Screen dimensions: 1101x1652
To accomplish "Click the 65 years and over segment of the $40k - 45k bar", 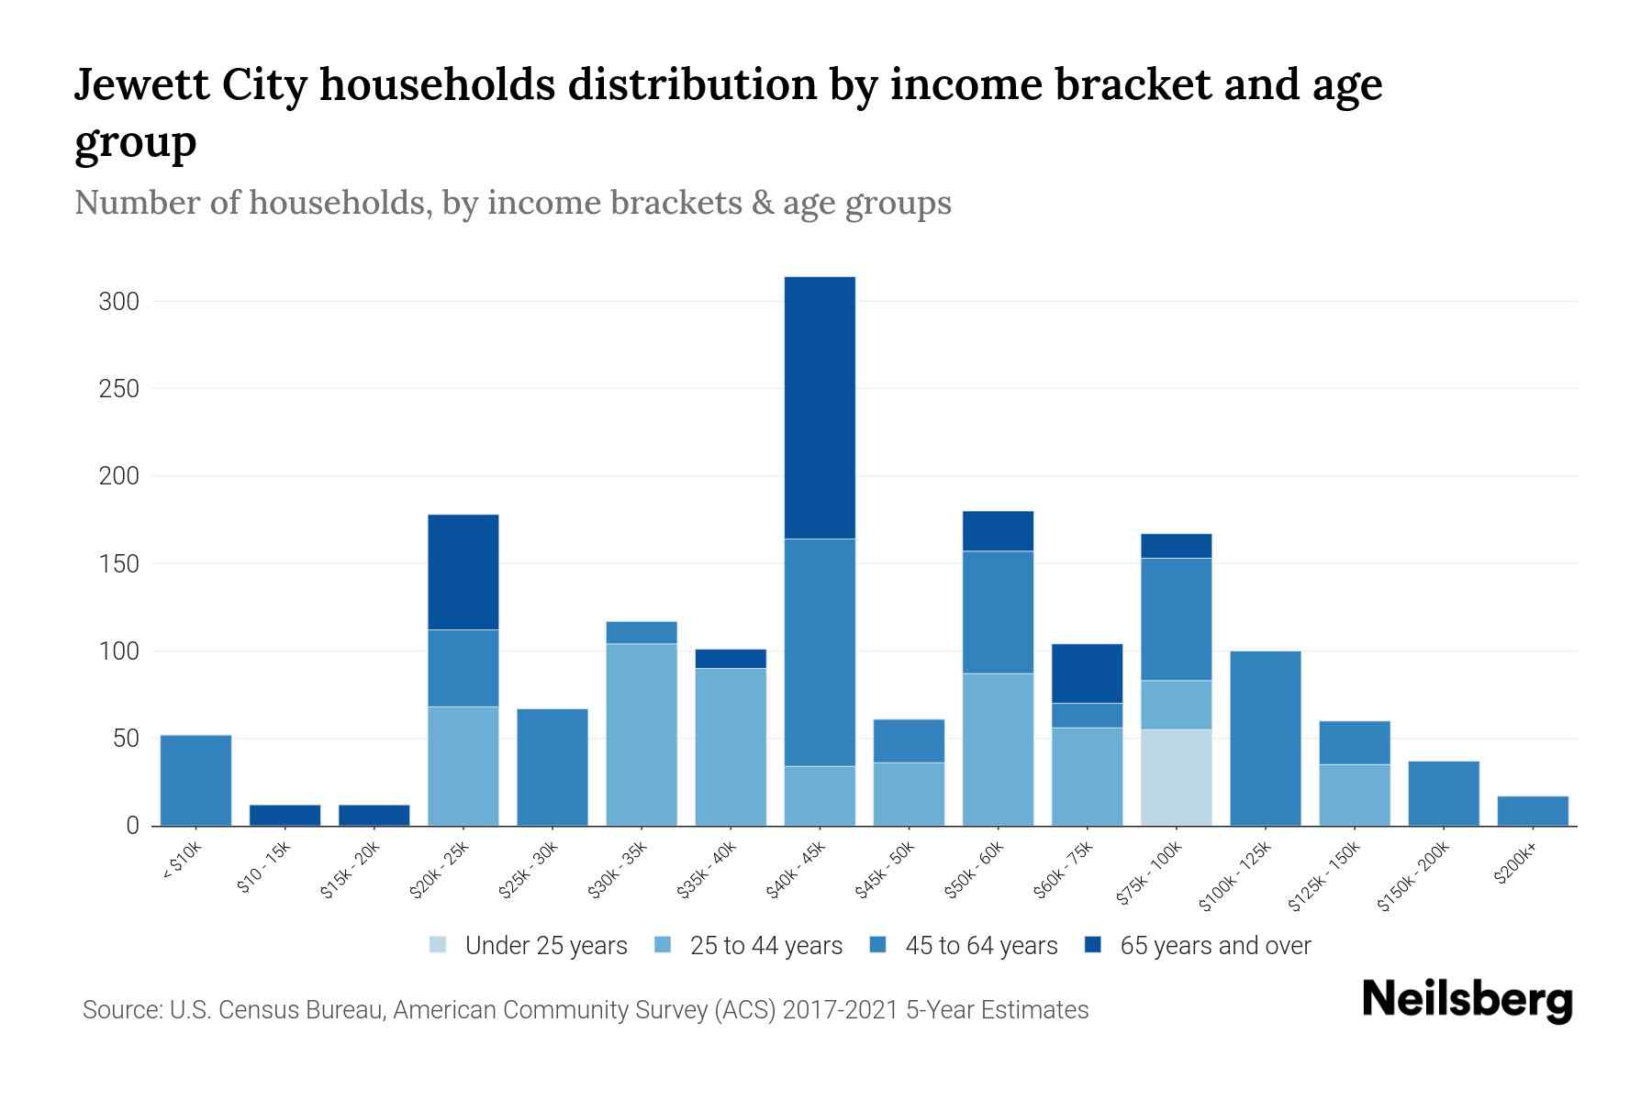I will [820, 407].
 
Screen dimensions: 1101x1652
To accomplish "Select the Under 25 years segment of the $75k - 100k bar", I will [1176, 777].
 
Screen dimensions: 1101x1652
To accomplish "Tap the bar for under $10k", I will [195, 780].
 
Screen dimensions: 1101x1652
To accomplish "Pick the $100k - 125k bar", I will [1265, 738].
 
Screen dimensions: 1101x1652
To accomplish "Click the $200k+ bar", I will [1532, 810].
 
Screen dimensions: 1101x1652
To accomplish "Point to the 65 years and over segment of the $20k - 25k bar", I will [463, 572].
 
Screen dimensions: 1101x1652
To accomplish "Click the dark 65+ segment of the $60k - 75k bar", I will [1087, 673].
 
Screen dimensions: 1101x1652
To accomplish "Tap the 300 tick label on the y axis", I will [118, 302].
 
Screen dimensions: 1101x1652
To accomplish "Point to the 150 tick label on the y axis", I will [118, 564].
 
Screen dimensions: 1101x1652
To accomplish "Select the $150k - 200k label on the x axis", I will [1413, 876].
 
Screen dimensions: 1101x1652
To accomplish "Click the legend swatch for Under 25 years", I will [439, 945].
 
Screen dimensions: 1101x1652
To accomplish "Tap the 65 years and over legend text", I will [1214, 946].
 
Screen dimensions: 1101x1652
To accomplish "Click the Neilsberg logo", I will [1467, 1000].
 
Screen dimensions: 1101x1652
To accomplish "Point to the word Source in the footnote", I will [120, 1010].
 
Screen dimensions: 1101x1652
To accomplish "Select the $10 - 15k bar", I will [285, 815].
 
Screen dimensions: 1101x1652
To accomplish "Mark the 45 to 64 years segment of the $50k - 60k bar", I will [998, 612].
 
